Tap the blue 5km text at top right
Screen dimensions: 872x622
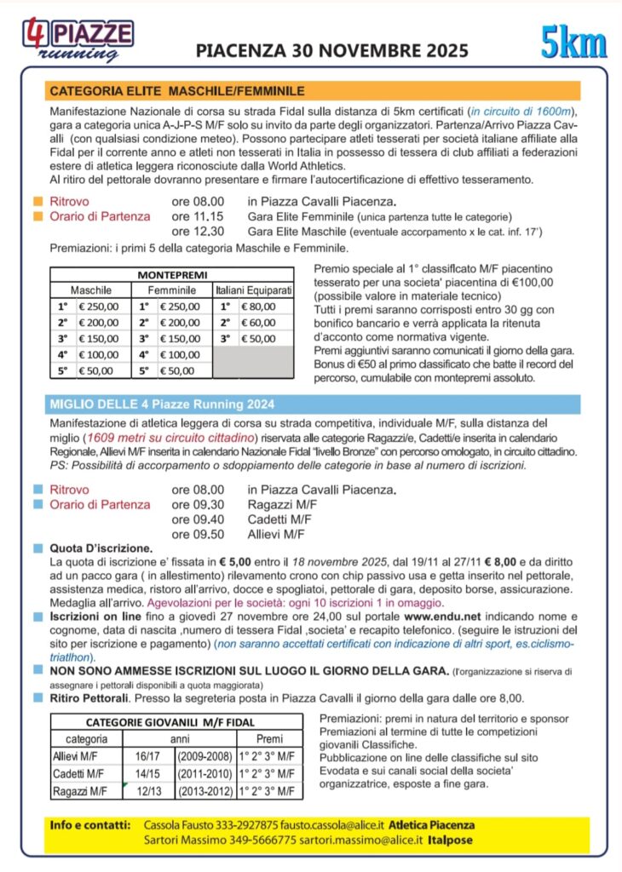coord(572,43)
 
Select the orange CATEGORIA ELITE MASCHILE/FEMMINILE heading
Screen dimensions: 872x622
coord(177,90)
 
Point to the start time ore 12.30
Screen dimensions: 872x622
coord(198,231)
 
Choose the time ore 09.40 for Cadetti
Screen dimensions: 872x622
coord(198,519)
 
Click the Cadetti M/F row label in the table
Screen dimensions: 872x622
coord(79,773)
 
